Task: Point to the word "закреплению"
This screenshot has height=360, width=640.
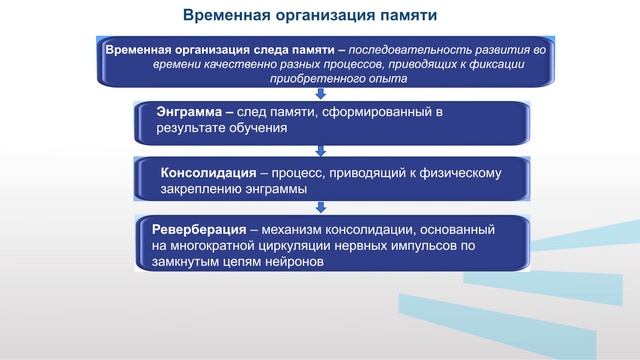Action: (201, 188)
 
